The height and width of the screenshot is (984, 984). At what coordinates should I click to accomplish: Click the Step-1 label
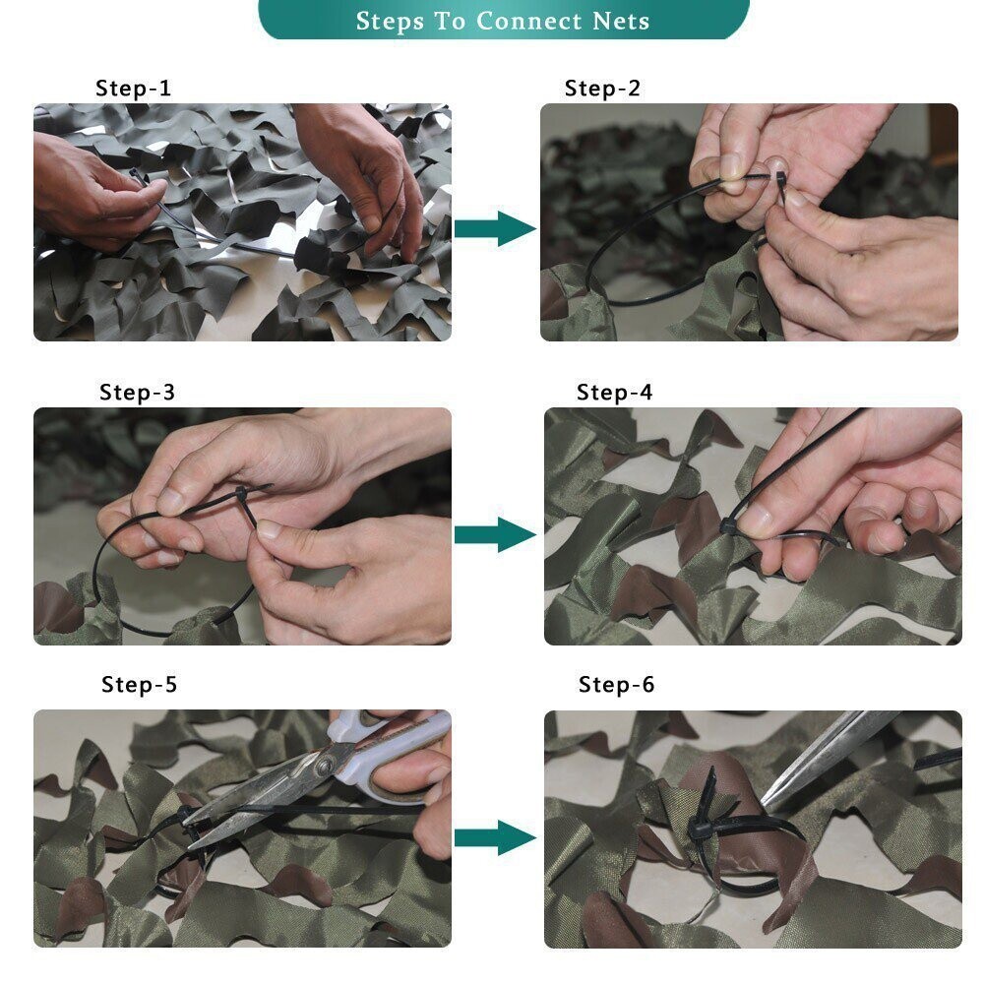tap(133, 89)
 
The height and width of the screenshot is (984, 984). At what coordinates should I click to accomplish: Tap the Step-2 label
tap(602, 89)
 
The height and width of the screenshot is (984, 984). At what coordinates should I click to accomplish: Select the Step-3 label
tap(137, 393)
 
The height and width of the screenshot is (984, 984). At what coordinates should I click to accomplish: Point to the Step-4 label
tap(614, 393)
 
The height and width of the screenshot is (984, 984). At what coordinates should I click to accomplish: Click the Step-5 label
tap(139, 684)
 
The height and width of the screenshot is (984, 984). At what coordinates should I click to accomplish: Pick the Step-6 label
tap(616, 684)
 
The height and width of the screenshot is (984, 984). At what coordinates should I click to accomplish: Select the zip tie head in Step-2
tap(780, 183)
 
